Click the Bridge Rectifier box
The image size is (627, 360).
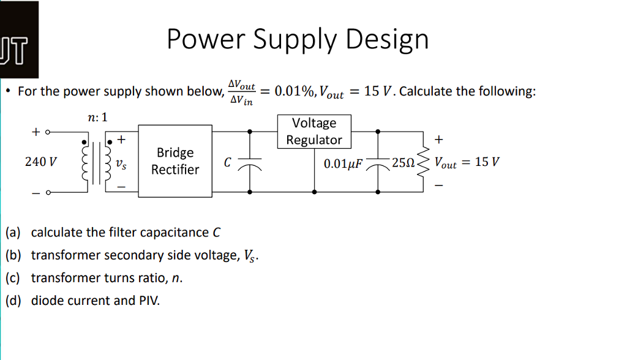click(175, 161)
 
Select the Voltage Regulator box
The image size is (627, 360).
click(314, 132)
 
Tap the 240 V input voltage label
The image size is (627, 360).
click(41, 162)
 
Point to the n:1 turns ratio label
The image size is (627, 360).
click(97, 117)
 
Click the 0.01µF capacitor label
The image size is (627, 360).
click(344, 163)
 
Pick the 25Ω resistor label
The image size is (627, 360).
click(404, 163)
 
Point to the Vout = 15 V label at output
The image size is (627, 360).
click(467, 163)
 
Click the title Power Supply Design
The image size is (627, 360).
click(298, 40)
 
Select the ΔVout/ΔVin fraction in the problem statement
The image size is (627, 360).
click(241, 92)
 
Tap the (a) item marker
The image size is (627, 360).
click(13, 233)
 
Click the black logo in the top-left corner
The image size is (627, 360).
click(18, 39)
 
